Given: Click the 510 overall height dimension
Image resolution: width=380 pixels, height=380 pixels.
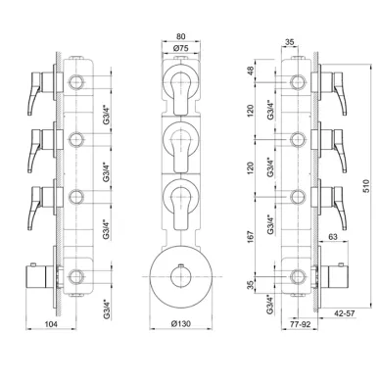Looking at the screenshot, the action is (x=366, y=186).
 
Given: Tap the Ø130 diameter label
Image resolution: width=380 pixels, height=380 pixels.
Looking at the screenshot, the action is (x=181, y=324).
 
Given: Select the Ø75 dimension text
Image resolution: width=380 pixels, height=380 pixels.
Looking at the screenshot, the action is (x=181, y=48).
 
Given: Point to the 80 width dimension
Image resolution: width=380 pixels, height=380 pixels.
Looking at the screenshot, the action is (x=180, y=36).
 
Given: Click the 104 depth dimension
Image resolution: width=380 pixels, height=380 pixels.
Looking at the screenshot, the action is (x=51, y=324).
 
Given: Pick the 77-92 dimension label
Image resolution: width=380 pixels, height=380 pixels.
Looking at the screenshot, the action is (x=299, y=324).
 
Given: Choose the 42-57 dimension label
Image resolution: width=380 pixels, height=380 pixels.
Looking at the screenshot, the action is (x=344, y=313).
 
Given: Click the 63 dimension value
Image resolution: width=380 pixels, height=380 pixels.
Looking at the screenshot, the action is (x=333, y=237).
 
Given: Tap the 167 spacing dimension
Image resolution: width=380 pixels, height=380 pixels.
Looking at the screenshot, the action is (x=250, y=237).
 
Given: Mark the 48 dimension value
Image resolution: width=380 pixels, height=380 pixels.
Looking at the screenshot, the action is (x=250, y=71).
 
